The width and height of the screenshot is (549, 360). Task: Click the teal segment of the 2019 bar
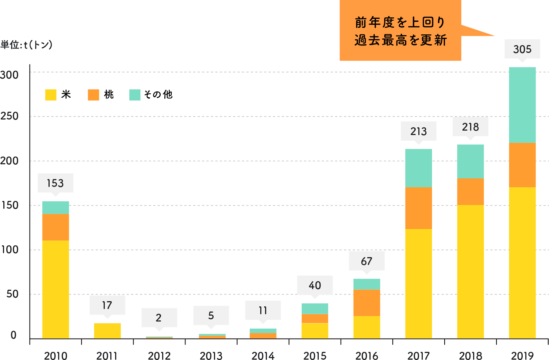point(522,105)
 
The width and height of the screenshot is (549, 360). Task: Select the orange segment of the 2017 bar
point(418,208)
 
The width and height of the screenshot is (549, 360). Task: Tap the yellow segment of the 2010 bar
point(56,289)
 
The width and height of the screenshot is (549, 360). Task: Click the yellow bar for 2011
point(107,331)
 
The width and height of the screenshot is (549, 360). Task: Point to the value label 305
point(522,49)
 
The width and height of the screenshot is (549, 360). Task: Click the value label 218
point(471,127)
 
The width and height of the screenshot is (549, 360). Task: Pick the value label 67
point(366,261)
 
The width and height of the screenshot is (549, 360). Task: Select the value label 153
point(56,183)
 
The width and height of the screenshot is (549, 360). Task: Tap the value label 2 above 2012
point(159,317)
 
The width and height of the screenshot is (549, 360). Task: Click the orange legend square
point(93,95)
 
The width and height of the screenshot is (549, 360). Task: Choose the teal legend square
point(135,95)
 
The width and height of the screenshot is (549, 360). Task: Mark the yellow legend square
point(51,95)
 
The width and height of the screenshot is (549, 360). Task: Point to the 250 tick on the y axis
point(10,116)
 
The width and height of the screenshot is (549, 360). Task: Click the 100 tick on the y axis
point(10,250)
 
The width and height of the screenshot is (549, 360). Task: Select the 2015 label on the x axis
point(315,356)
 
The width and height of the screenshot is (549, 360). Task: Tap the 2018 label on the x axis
point(471,356)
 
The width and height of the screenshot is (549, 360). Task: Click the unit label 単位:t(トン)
point(26,45)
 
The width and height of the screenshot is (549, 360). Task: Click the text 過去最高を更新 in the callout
point(401,40)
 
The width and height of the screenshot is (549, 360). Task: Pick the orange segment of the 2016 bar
point(366,303)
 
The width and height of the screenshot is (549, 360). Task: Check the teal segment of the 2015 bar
point(315,309)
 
